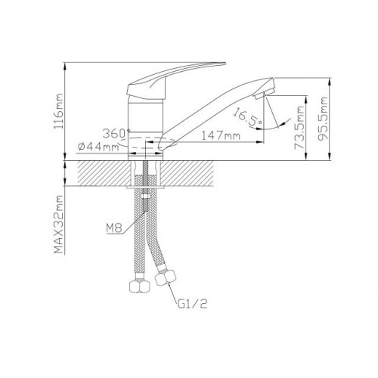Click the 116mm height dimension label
click(58, 111)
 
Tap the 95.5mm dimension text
click(323, 119)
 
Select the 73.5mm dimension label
click(299, 128)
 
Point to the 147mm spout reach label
click(221, 136)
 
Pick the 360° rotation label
click(116, 134)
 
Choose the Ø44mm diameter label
click(98, 147)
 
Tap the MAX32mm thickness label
click(58, 224)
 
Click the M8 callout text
click(114, 228)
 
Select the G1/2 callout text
click(193, 305)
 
